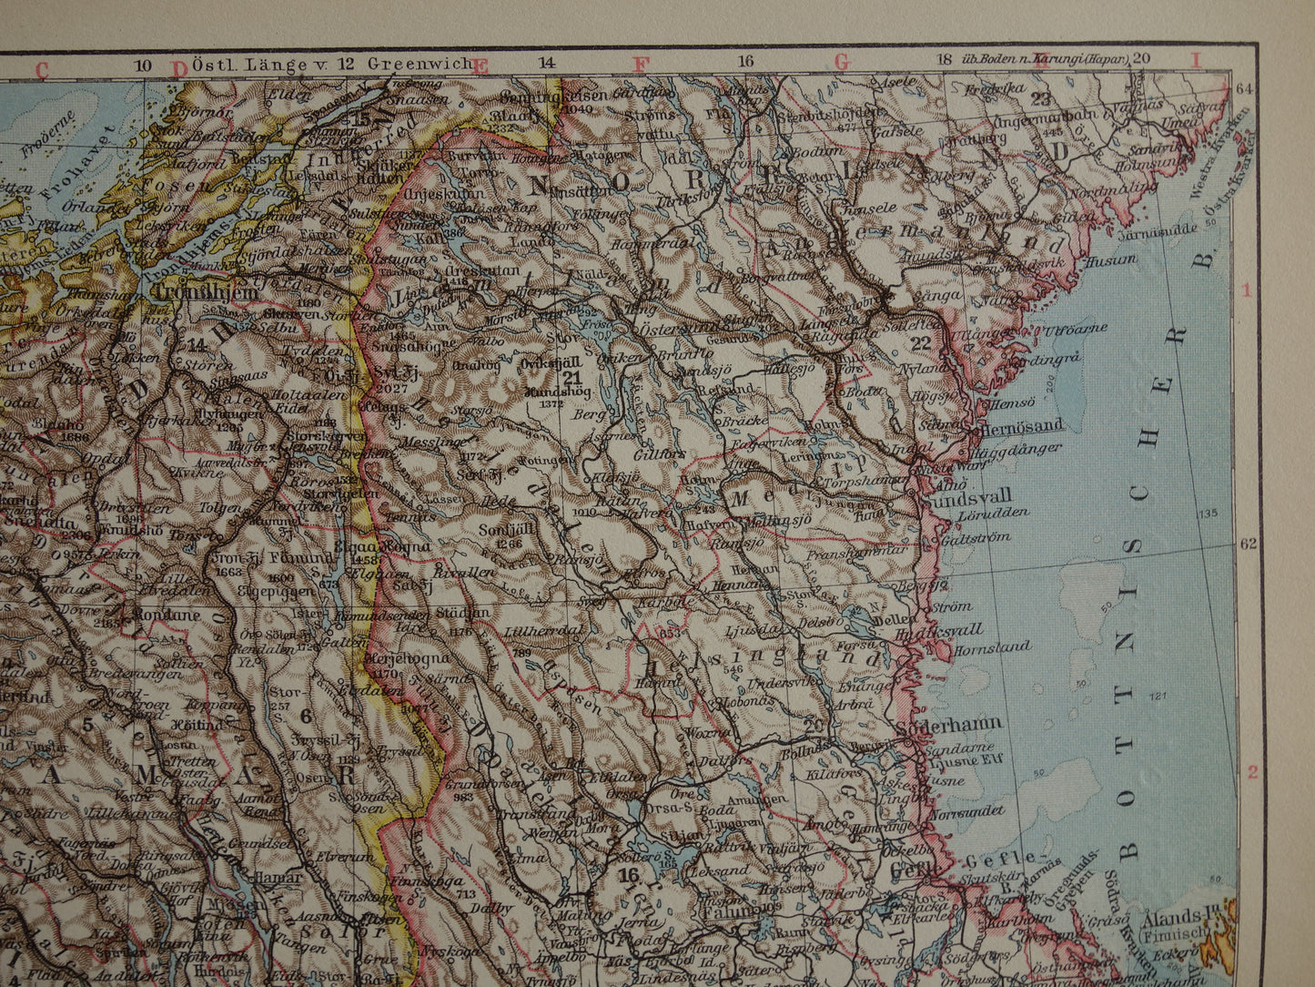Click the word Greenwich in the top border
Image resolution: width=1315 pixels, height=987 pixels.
click(420, 64)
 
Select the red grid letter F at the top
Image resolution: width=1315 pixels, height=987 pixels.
click(642, 64)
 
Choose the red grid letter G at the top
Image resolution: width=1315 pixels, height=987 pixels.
click(841, 63)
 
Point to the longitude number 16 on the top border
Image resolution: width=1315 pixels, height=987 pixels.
click(745, 63)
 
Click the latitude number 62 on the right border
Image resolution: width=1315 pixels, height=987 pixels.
click(1247, 544)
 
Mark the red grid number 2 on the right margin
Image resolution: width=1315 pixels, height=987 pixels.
click(1252, 773)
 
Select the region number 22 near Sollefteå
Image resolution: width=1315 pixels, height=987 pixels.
click(921, 342)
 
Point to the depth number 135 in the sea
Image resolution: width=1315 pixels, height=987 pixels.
click(1207, 514)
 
